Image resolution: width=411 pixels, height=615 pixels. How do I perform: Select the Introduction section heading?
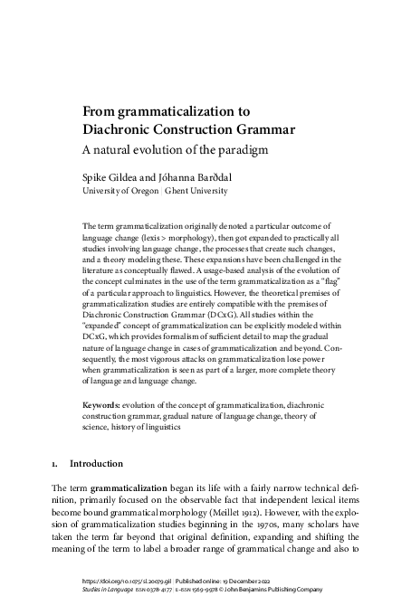98,464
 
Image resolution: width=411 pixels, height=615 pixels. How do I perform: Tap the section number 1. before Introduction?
55,464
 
